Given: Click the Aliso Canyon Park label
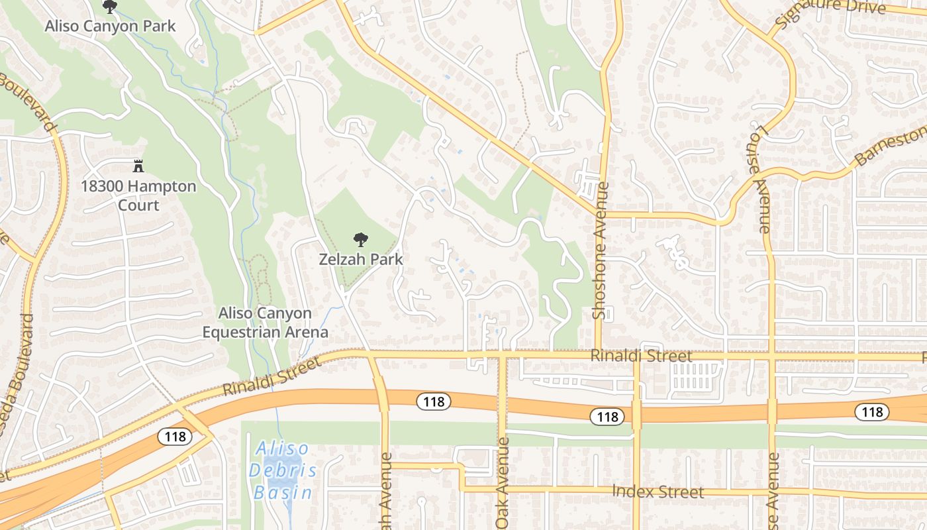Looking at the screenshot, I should (x=110, y=26).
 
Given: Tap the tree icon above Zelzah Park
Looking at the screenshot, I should (x=361, y=240).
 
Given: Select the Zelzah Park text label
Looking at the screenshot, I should (x=361, y=259).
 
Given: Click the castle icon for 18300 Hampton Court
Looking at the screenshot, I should (x=138, y=166).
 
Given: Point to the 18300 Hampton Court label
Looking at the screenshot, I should (x=138, y=195).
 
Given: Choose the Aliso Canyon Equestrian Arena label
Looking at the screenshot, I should (x=265, y=322).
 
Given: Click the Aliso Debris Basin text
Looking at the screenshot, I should (x=283, y=470).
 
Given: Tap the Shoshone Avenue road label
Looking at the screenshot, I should (x=600, y=250).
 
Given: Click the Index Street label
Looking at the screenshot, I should (x=658, y=492).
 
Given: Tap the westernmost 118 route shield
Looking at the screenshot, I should (x=175, y=436).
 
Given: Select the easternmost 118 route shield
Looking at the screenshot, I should (x=872, y=412).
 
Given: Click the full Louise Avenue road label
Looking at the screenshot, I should (x=759, y=178).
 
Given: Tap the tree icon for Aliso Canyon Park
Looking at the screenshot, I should (x=110, y=7).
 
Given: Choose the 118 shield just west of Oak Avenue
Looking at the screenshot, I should (x=434, y=401).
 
